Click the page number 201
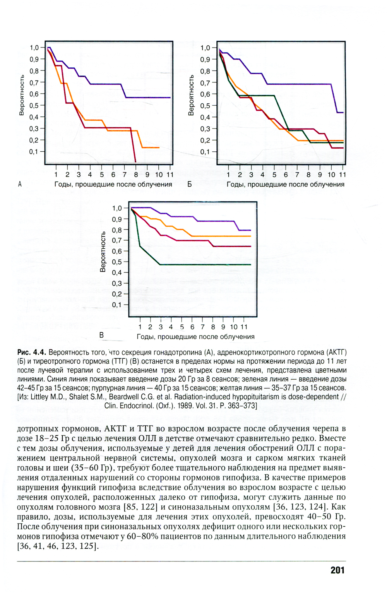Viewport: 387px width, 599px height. coord(337,570)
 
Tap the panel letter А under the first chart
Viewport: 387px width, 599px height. coord(20,185)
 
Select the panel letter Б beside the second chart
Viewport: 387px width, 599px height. coord(190,185)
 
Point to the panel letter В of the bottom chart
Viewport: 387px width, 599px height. coord(101,335)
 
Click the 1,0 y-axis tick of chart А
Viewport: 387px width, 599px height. coord(34,48)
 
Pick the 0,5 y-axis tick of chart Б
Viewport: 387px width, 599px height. coord(205,106)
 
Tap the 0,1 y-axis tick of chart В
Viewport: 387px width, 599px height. coord(117,305)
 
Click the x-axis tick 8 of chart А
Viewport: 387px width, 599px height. coord(136,175)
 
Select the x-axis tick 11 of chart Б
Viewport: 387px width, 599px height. coord(343,175)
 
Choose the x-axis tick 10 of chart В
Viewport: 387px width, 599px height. coord(234,327)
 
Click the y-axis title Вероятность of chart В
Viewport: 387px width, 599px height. coord(103,252)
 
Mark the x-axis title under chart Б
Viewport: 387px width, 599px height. coord(285,185)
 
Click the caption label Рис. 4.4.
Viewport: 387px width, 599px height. coord(32,353)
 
